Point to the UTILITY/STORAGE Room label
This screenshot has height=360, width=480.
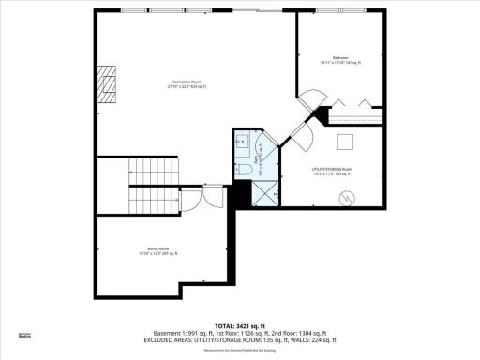332,172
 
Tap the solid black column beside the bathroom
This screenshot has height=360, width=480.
241,194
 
